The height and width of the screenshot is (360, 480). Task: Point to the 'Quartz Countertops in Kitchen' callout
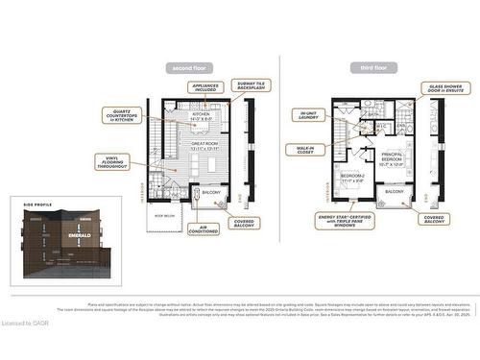click(x=119, y=117)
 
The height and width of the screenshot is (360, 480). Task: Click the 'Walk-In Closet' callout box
click(x=305, y=149)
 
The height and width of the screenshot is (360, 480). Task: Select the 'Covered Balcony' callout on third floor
click(x=433, y=220)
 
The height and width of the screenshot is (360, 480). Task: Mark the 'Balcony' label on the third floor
click(x=395, y=192)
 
